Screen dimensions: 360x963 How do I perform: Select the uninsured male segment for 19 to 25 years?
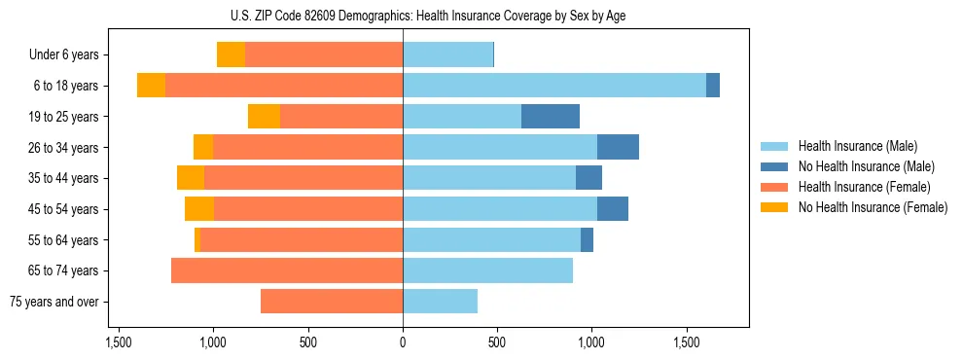[x=551, y=117]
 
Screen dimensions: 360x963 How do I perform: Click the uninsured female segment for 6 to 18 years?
[x=151, y=86]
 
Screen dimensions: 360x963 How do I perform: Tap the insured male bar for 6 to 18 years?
[x=554, y=86]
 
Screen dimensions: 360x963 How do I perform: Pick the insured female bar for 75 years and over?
[x=332, y=302]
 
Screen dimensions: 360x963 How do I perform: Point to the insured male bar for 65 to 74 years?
[x=487, y=270]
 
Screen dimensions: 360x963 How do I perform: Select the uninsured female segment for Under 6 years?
[x=231, y=54]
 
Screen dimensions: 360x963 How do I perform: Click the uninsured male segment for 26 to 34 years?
[x=618, y=147]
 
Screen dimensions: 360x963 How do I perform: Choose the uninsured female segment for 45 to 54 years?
[x=199, y=209]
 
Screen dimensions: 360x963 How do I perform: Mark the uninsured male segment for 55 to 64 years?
[x=587, y=239]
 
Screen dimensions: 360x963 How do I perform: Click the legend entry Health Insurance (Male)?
[x=857, y=146]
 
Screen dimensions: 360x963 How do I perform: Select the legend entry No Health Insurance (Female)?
[x=873, y=207]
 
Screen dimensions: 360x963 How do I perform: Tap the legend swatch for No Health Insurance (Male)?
[x=774, y=166]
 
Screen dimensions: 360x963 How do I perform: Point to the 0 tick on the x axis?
[x=403, y=342]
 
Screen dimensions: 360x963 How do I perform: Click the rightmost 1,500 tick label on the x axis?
[x=687, y=342]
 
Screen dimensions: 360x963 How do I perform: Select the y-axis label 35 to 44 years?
[x=63, y=178]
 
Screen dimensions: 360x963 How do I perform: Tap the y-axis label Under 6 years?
[x=64, y=54]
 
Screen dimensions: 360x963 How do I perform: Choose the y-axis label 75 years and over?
[x=54, y=302]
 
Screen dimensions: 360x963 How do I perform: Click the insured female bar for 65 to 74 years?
[x=287, y=270]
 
